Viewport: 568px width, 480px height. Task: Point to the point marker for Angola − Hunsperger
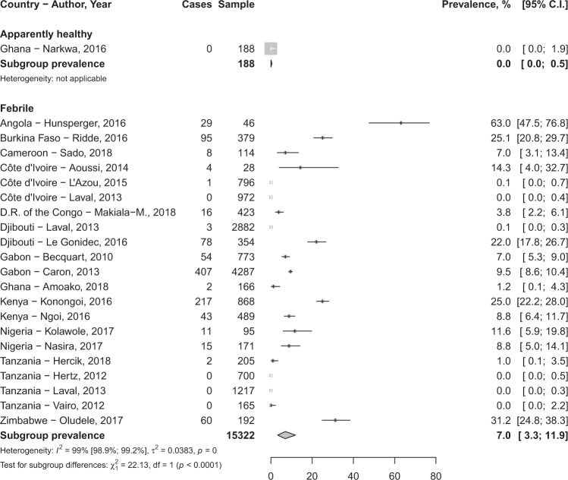tap(400, 123)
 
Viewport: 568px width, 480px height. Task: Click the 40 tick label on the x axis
tap(353, 475)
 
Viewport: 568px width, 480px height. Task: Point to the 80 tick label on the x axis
tap(435, 475)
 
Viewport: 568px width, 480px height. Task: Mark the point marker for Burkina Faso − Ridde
tap(323, 137)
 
